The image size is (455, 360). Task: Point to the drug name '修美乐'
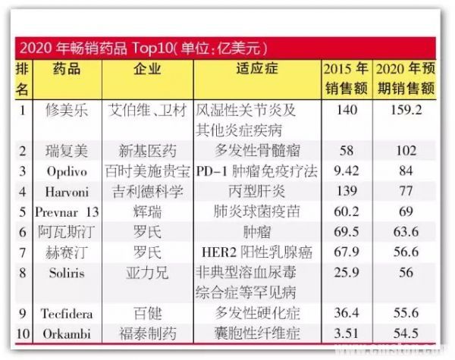pyautogui.click(x=67, y=110)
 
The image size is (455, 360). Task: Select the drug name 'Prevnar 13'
pyautogui.click(x=67, y=210)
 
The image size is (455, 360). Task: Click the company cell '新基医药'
pyautogui.click(x=148, y=150)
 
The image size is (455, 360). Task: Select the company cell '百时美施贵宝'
pyautogui.click(x=148, y=170)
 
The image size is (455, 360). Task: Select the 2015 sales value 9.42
pyautogui.click(x=346, y=170)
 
